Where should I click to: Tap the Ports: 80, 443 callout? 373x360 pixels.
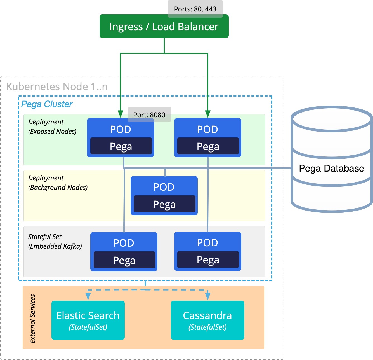[195, 9]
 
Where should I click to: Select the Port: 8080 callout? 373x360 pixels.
[149, 115]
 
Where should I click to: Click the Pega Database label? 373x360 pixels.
[331, 169]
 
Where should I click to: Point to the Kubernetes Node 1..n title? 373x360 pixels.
[57, 87]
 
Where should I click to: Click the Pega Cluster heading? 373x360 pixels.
[47, 104]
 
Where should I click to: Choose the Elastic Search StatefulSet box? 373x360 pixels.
[88, 320]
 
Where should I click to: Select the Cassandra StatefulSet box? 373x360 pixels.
[207, 320]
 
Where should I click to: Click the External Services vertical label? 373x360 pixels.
[33, 319]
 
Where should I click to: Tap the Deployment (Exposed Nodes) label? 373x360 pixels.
[52, 127]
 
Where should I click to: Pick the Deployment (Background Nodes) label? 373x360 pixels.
[58, 183]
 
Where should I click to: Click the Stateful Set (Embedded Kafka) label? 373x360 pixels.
[55, 241]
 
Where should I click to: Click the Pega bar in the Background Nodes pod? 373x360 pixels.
[164, 204]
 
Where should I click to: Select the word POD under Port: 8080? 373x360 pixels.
[121, 129]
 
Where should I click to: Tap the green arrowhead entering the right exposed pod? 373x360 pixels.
[207, 114]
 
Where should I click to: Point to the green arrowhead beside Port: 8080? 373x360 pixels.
[121, 114]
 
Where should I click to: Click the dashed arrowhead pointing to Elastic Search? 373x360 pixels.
[88, 296]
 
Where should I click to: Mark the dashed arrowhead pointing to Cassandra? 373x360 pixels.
[208, 296]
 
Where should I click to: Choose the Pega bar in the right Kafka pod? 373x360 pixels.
[208, 260]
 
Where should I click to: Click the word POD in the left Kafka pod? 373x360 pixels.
[124, 243]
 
